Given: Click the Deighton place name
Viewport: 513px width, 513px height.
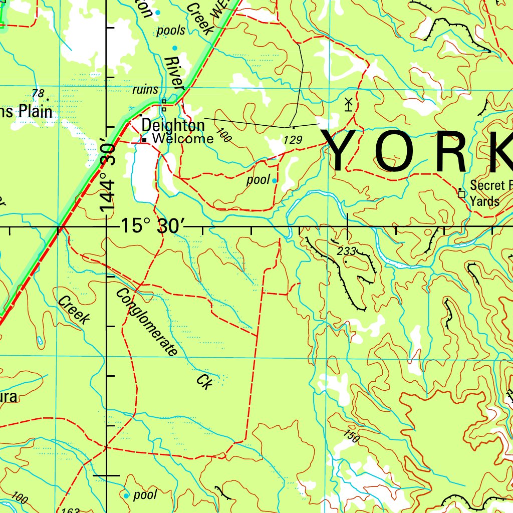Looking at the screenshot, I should [x=173, y=125].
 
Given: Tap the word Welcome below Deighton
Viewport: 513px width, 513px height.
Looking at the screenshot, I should [x=183, y=139].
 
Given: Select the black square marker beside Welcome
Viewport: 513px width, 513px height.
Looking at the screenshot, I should [x=144, y=140].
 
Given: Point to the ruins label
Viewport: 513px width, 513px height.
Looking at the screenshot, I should [x=145, y=90].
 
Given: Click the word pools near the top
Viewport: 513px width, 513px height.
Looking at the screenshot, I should [x=171, y=31].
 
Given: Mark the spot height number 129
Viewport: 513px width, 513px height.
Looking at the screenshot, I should [x=293, y=140].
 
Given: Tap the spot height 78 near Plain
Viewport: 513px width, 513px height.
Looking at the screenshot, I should [x=38, y=93].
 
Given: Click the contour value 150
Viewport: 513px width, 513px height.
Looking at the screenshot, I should [x=352, y=436].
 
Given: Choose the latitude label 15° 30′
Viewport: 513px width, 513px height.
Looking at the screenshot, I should [x=150, y=226].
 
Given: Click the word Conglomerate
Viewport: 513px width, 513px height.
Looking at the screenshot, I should [x=147, y=322].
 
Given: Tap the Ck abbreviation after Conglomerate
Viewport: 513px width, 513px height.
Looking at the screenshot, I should [x=205, y=381].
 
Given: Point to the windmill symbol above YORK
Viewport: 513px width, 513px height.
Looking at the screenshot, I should [x=349, y=104].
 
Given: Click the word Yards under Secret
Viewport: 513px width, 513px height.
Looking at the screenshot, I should [x=484, y=201].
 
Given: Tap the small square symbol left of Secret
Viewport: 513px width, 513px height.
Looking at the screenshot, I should [x=461, y=193].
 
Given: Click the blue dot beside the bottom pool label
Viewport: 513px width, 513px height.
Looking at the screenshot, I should [x=126, y=495].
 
